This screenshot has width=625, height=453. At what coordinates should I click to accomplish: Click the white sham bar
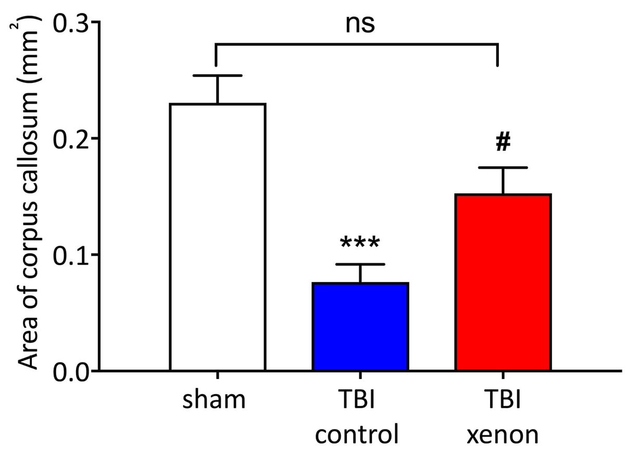217,237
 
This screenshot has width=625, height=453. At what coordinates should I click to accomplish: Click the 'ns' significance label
360,24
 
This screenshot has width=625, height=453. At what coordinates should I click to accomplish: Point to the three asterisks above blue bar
360,243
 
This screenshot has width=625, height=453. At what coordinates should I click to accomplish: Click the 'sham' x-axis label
215,401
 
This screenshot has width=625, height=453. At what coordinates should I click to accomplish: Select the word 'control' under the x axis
360,434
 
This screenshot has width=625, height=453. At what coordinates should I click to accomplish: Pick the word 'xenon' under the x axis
503,434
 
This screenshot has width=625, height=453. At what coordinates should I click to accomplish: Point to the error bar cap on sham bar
217,76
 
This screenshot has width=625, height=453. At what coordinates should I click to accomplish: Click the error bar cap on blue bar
360,265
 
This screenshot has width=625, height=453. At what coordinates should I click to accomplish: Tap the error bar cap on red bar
503,168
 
